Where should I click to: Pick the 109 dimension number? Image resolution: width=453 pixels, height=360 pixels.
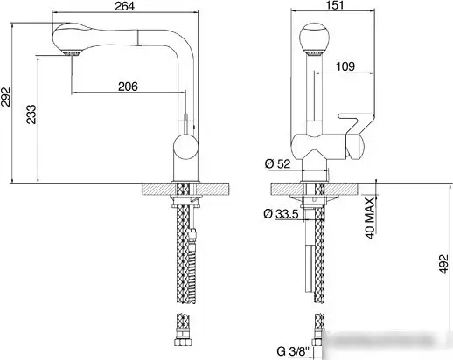click(346, 66)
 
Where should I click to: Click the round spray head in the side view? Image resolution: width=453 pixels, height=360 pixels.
click(314, 42)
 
